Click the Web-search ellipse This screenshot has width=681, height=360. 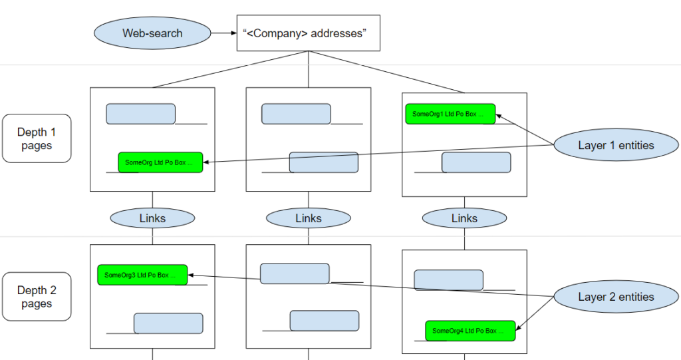pyautogui.click(x=152, y=33)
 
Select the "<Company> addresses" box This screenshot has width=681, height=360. pyautogui.click(x=309, y=33)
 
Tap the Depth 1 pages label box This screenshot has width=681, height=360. pyautogui.click(x=37, y=138)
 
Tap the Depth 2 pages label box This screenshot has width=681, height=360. pyautogui.click(x=37, y=297)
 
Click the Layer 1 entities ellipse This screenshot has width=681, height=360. pyautogui.click(x=616, y=145)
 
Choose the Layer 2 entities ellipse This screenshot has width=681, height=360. pyautogui.click(x=616, y=297)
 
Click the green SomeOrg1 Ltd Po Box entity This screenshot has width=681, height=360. pyautogui.click(x=450, y=114)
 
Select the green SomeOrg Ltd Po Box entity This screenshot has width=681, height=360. pyautogui.click(x=160, y=162)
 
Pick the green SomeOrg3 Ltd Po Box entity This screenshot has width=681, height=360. pyautogui.click(x=142, y=275)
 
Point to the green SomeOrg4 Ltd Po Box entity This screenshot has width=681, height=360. pyautogui.click(x=470, y=331)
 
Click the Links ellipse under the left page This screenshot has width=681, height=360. pyautogui.click(x=152, y=218)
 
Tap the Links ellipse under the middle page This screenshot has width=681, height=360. pyautogui.click(x=309, y=218)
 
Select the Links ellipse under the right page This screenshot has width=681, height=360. pyautogui.click(x=464, y=218)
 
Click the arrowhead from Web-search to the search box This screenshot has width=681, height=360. pyautogui.click(x=234, y=33)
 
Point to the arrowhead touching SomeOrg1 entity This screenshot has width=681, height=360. pyautogui.click(x=499, y=116)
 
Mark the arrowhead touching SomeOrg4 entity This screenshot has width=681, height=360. pyautogui.click(x=517, y=327)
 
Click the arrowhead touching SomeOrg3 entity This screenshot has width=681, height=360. pyautogui.click(x=191, y=275)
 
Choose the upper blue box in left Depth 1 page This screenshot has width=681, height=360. pyautogui.click(x=141, y=114)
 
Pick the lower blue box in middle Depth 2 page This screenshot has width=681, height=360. pyautogui.click(x=325, y=321)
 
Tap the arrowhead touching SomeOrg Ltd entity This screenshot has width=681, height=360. pyautogui.click(x=206, y=162)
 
